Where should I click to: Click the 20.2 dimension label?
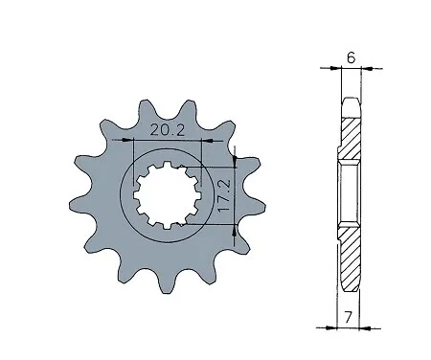[168, 130]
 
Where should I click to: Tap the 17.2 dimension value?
[223, 195]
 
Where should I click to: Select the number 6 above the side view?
[351, 57]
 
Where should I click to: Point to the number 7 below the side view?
[348, 317]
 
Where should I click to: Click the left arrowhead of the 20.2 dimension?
[127, 140]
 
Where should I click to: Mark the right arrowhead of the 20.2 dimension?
[208, 140]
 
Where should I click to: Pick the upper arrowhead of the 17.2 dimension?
[235, 162]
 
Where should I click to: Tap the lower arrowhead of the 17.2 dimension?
[235, 231]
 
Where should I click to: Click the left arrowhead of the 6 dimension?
[336, 68]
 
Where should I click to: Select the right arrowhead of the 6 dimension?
[367, 68]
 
